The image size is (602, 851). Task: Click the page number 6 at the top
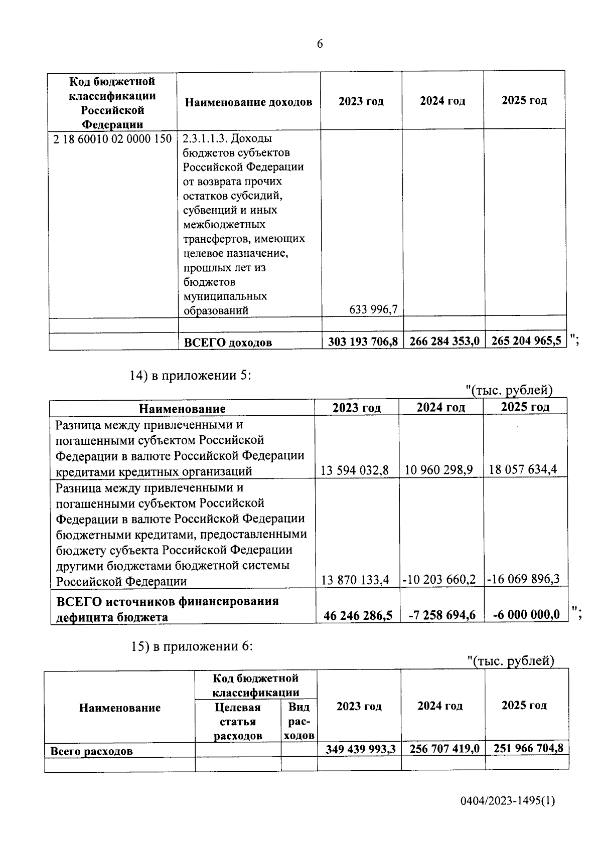[x=320, y=44]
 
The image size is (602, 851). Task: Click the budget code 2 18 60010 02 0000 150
[x=112, y=139]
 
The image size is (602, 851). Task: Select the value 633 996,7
[x=373, y=310]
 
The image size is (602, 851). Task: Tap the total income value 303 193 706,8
[x=363, y=342]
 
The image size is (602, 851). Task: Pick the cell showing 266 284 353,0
[x=444, y=342]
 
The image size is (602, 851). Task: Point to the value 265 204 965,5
[x=526, y=341]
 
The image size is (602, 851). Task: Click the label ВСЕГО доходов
[x=228, y=343]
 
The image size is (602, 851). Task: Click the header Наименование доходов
[x=248, y=102]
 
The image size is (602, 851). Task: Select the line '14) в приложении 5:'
[x=190, y=376]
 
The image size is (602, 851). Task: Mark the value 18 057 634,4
[x=523, y=470]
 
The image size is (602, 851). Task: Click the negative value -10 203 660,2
[x=439, y=580]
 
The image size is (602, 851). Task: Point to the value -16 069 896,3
[x=523, y=580]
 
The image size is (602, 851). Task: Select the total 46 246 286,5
[x=358, y=615]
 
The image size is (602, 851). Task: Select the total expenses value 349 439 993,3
[x=361, y=749]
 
